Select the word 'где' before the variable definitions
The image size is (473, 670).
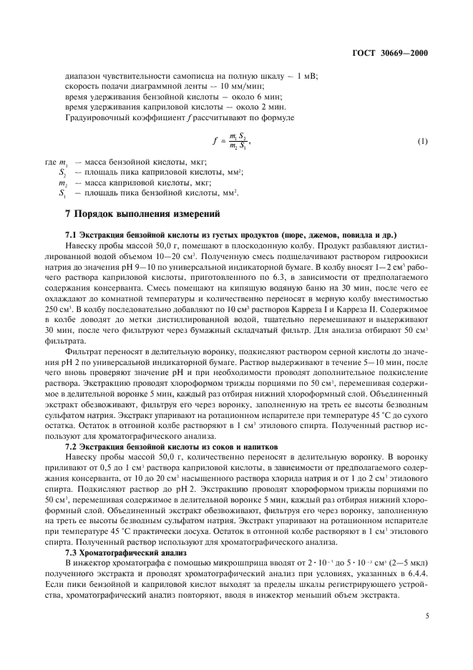pyautogui.click(x=50, y=163)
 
